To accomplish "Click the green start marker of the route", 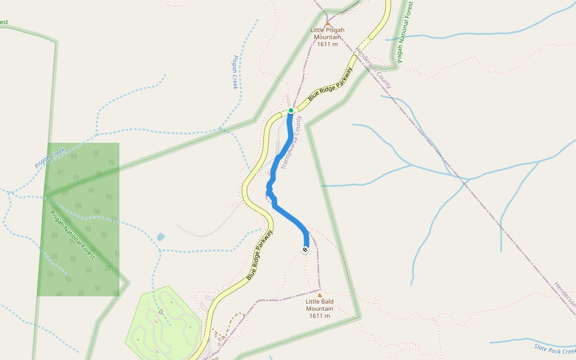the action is click(x=291, y=110).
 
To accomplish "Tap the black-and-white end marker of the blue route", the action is click(x=305, y=249).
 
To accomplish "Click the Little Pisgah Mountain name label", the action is click(x=327, y=33).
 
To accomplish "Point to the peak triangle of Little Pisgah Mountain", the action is click(x=328, y=24).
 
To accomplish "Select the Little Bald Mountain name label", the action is click(x=319, y=305).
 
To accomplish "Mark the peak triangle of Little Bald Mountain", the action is click(x=320, y=295).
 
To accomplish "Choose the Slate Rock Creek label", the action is click(x=554, y=349).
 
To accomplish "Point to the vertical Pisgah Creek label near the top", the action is click(x=235, y=73).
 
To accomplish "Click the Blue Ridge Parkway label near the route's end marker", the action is click(x=260, y=255).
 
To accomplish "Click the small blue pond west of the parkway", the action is click(x=161, y=237).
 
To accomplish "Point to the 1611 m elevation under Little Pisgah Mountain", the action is click(x=328, y=44).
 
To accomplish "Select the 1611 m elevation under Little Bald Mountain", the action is click(x=319, y=316).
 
